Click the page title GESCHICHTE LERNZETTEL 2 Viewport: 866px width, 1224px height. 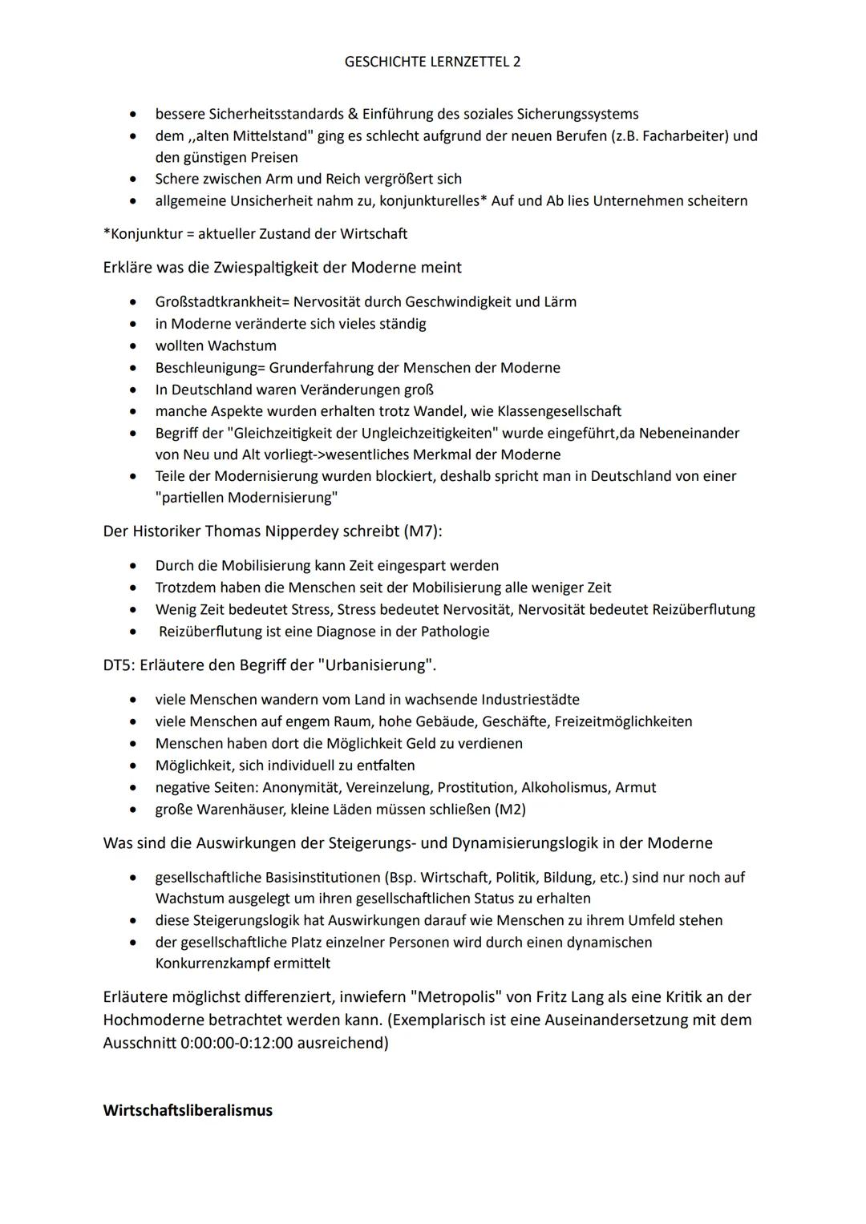432,62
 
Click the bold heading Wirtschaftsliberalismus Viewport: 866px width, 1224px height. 188,1110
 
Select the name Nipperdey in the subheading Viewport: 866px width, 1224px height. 358,531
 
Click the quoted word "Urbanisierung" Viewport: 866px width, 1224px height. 374,665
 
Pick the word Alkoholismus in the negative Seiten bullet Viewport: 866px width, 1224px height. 565,787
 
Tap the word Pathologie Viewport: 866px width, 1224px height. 453,631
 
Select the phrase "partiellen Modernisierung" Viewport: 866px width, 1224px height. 246,497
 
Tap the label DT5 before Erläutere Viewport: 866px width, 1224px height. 118,665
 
